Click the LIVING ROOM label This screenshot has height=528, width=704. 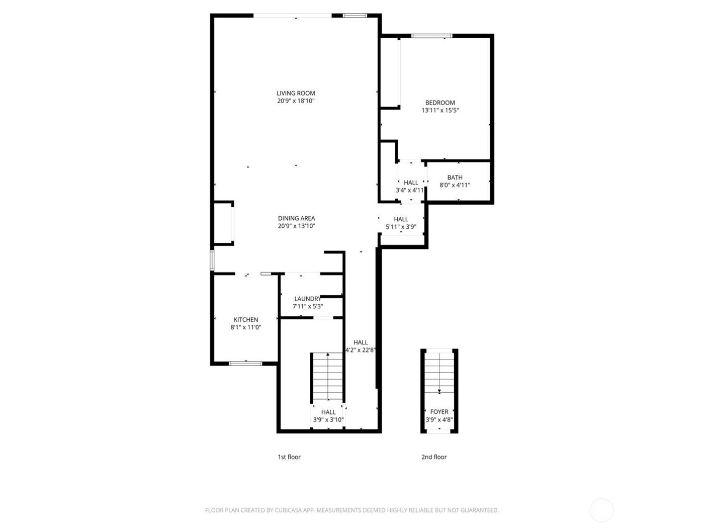(296, 93)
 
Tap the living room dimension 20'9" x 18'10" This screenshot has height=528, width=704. (296, 101)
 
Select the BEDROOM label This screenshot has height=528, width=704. (440, 103)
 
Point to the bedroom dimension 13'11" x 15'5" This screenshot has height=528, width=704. (440, 111)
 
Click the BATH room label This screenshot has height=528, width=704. (455, 178)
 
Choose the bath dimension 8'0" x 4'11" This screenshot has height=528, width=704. (455, 185)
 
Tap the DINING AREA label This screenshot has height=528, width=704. (296, 218)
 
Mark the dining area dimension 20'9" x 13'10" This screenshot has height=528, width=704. (296, 226)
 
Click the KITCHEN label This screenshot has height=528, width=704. (246, 320)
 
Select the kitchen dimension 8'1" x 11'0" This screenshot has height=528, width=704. (246, 327)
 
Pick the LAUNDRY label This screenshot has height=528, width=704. (307, 299)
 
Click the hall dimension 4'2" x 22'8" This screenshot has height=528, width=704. (361, 350)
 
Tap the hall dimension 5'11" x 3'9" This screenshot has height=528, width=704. (401, 227)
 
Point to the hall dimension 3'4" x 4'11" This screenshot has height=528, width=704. (410, 191)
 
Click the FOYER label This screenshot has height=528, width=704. (439, 412)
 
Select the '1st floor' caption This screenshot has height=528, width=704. (289, 457)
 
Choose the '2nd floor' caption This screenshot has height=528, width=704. (434, 457)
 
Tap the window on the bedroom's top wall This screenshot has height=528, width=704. (431, 36)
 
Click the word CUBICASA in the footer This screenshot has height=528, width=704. (288, 510)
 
